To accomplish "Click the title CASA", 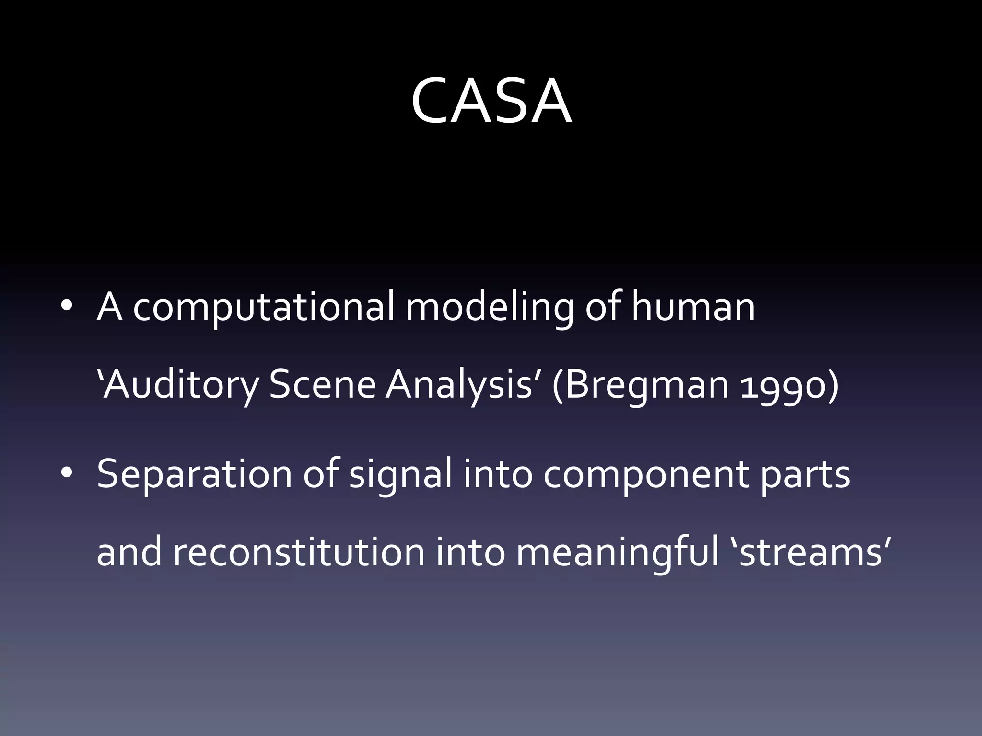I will tap(491, 101).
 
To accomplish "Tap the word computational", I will tap(264, 308).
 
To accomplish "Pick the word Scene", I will tap(322, 385).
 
